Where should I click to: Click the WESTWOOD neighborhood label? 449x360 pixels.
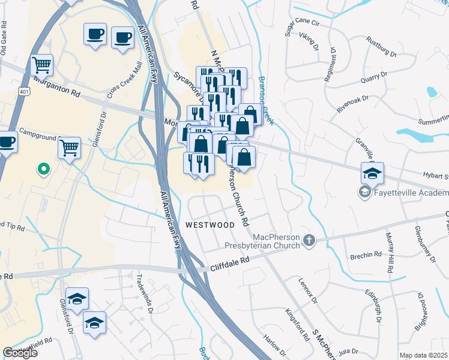coord(209,225)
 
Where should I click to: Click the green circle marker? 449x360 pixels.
coord(43,170)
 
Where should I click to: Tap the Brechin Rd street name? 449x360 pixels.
coord(367,255)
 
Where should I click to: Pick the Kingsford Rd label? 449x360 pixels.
coord(298,324)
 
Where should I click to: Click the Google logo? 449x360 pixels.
coord(20,352)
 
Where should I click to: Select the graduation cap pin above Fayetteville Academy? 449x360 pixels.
coord(372,173)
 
